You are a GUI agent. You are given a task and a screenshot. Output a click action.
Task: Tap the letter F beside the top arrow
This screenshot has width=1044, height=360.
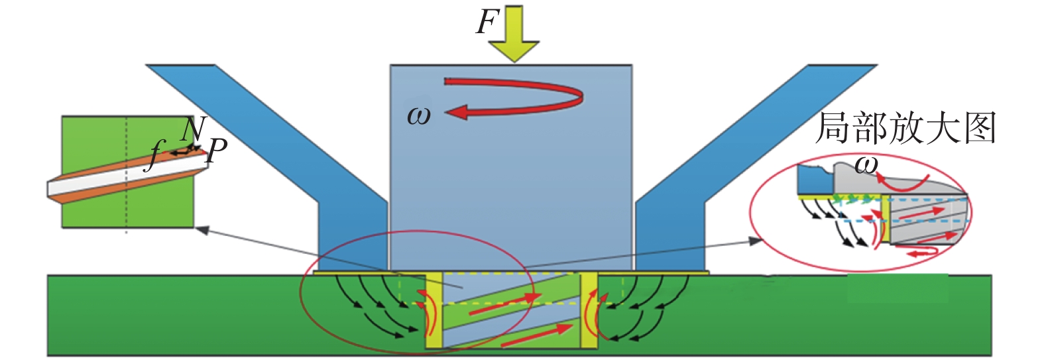(x=487, y=23)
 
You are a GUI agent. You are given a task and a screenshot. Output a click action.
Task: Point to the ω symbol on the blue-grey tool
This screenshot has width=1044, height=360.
(x=418, y=116)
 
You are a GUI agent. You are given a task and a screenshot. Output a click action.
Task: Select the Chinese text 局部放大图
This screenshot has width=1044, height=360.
(x=905, y=129)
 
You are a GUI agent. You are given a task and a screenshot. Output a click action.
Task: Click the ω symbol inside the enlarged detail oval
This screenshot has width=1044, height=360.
(x=866, y=164)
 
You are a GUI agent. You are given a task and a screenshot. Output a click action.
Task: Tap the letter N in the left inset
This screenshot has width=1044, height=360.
(x=194, y=129)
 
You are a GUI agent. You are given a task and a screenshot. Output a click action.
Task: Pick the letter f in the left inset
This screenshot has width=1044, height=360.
(x=154, y=156)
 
